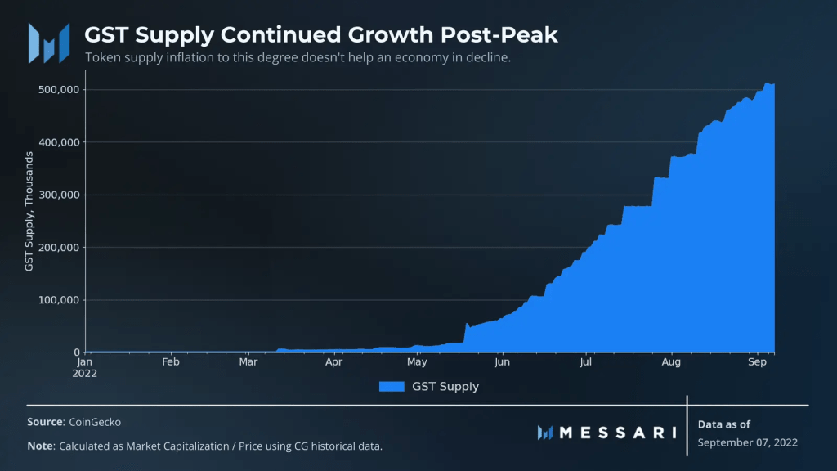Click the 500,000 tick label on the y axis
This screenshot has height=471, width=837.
tap(59, 90)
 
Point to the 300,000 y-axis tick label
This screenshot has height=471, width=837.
tap(59, 195)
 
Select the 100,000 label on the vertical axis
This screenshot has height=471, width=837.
tap(59, 300)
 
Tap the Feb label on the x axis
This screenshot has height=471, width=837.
tap(170, 361)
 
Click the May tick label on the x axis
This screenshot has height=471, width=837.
tap(417, 361)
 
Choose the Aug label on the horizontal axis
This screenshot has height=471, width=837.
tap(671, 361)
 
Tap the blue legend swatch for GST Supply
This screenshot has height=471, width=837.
tap(392, 387)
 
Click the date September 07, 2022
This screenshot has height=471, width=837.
tap(748, 442)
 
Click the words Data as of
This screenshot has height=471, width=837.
tap(724, 424)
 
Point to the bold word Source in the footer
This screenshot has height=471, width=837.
tap(45, 422)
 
